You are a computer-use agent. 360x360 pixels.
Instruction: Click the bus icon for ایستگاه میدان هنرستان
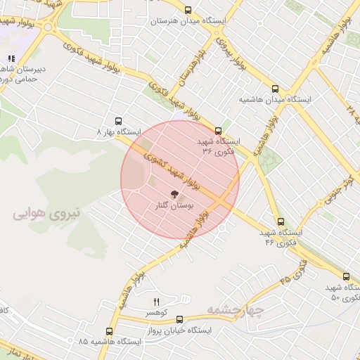point(188,10)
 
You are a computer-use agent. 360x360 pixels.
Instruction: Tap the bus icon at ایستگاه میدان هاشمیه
point(275,89)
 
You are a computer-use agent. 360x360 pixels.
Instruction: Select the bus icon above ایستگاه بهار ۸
point(117,121)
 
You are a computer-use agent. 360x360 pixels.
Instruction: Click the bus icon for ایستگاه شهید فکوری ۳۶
point(218,130)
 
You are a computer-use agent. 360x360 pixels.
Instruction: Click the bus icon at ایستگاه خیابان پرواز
point(179,319)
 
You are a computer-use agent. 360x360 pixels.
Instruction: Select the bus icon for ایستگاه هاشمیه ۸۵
point(109,330)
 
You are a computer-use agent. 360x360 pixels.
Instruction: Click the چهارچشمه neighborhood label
point(236,309)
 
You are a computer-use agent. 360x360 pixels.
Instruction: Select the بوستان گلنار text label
point(173,206)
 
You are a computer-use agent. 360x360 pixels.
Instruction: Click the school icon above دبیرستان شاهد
point(11,59)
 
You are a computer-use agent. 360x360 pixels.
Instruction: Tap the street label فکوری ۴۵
point(293,271)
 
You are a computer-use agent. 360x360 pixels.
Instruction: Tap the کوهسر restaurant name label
point(155,311)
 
